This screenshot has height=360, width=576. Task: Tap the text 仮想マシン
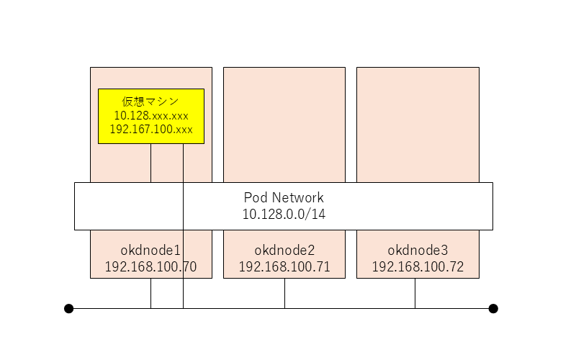point(150,102)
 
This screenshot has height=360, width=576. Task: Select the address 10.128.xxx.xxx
point(150,115)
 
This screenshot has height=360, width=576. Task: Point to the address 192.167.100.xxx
point(150,130)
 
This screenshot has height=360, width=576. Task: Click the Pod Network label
point(284,197)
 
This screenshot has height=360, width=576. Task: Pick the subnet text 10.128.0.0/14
point(284,214)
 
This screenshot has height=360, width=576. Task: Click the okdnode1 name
point(150,251)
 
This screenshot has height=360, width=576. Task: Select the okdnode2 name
point(284,251)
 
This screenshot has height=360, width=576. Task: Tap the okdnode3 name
point(418,251)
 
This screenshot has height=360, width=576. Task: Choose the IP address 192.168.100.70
point(150,267)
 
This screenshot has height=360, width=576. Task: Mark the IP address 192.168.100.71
point(284,267)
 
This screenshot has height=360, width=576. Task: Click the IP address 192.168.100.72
point(418,267)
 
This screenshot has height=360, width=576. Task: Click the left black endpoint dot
point(68,309)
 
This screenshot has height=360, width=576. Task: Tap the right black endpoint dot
point(493,309)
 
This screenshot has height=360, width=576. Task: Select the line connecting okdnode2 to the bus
point(284,293)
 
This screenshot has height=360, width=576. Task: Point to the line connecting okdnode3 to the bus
point(415,293)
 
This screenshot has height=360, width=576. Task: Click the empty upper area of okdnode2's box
point(284,122)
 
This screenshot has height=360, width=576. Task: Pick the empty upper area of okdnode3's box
point(418,122)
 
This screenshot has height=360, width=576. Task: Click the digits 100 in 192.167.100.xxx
point(162,130)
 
